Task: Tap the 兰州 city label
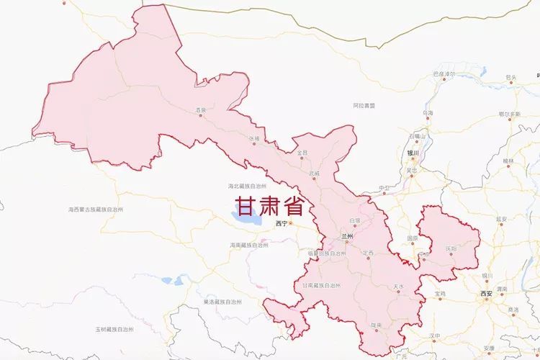(348, 236)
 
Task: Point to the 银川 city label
(412, 153)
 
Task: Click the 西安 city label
(487, 294)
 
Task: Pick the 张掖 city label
(253, 138)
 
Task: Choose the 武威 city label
(314, 174)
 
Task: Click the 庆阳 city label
(451, 248)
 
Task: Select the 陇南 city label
(376, 325)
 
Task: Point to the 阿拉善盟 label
(364, 105)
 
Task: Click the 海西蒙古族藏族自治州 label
(96, 209)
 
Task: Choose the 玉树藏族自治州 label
(115, 329)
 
